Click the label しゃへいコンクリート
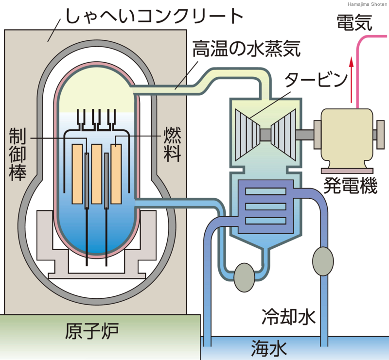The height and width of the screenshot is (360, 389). pyautogui.click(x=154, y=17)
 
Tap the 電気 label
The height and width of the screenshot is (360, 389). pyautogui.click(x=354, y=22)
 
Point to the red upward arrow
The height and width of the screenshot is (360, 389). pyautogui.click(x=351, y=80)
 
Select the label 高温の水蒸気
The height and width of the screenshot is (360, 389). pyautogui.click(x=247, y=49)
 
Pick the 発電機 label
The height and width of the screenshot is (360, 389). pyautogui.click(x=350, y=185)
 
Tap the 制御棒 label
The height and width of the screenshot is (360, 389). pyautogui.click(x=18, y=154)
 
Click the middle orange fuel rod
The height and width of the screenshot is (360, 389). pyautogui.click(x=96, y=174)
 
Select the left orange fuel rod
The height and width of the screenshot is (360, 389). pyautogui.click(x=77, y=174)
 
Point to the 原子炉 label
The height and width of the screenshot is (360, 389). pyautogui.click(x=91, y=331)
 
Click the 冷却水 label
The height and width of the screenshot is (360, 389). pyautogui.click(x=289, y=317)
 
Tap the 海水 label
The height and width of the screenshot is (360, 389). pyautogui.click(x=269, y=348)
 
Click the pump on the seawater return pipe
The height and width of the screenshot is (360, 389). pyautogui.click(x=323, y=261)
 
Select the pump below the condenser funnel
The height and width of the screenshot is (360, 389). pyautogui.click(x=245, y=277)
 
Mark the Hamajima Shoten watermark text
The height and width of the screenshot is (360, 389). pyautogui.click(x=367, y=4)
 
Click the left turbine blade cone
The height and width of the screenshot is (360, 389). pyautogui.click(x=248, y=135)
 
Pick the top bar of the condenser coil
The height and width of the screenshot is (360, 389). pyautogui.click(x=265, y=191)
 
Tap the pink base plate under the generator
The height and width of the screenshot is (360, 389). pyautogui.click(x=347, y=171)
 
